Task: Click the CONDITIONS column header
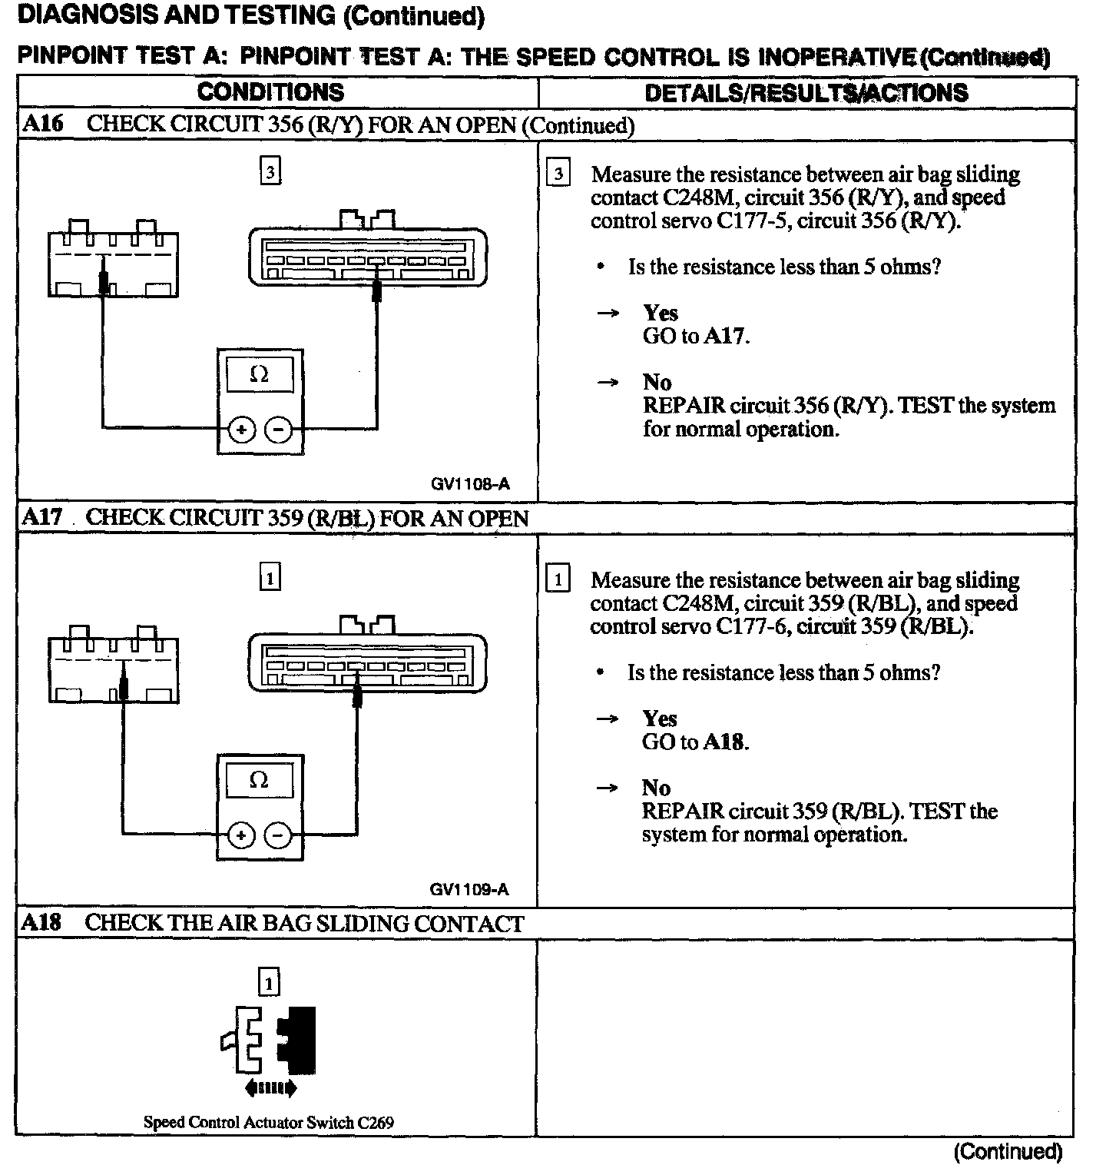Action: point(270,92)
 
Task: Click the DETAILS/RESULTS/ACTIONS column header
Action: point(806,93)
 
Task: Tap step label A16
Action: point(43,124)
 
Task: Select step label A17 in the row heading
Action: point(42,517)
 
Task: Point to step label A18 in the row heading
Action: point(41,923)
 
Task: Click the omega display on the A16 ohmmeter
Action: point(260,375)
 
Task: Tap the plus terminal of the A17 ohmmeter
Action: point(241,835)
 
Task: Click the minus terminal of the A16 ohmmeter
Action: point(278,430)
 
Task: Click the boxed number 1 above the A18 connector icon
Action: point(269,983)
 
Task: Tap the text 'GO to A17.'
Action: point(696,336)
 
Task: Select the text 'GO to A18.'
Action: point(695,742)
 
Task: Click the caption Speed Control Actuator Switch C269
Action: point(269,1122)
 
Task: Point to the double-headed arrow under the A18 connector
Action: point(270,1087)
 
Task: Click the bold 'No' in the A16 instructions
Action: point(657,383)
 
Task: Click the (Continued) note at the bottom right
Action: point(1008,1151)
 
